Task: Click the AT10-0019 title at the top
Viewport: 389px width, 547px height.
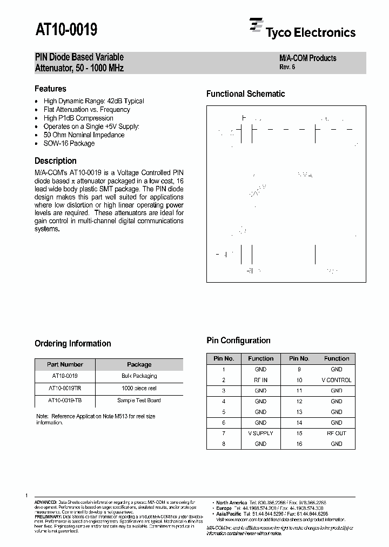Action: tap(66, 29)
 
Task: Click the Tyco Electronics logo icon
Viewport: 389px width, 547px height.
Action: tap(256, 25)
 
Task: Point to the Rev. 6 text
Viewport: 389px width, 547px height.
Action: tap(287, 67)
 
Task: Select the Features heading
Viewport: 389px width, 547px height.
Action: tap(50, 89)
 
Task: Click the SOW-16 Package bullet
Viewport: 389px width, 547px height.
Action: tap(69, 143)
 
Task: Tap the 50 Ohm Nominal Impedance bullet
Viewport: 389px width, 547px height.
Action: tap(84, 135)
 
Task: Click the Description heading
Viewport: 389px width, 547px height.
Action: tap(56, 161)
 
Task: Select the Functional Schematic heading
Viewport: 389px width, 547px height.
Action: tap(245, 94)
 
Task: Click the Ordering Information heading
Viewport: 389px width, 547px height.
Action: tap(72, 343)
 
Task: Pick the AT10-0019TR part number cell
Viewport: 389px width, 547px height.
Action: tap(64, 388)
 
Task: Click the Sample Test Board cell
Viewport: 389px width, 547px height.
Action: tap(139, 400)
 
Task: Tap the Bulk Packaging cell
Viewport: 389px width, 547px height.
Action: tap(139, 376)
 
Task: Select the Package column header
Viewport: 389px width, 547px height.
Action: tap(139, 364)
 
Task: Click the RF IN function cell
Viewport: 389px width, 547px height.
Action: tap(260, 380)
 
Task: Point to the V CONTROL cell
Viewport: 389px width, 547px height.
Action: tap(336, 380)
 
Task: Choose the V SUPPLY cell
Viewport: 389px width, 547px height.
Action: tap(260, 433)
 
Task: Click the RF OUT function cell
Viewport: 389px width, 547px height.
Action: tap(336, 433)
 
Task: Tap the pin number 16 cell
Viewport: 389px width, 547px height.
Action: tap(299, 444)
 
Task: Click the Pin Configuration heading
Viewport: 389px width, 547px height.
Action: tap(238, 340)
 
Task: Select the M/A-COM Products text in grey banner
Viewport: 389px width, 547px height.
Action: tap(307, 58)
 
